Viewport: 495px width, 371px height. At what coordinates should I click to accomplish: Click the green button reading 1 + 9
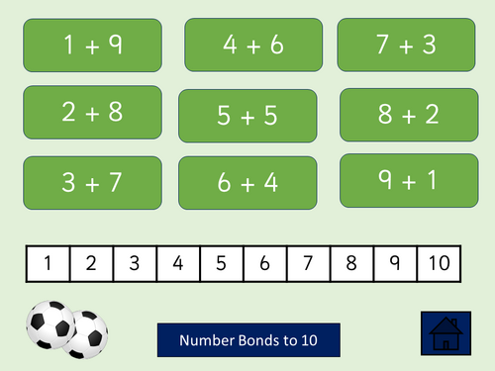[93, 46]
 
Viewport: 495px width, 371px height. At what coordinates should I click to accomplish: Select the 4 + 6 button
[253, 45]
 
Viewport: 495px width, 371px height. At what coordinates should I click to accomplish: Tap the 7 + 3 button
[400, 45]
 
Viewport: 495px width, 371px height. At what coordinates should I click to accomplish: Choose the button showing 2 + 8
[92, 112]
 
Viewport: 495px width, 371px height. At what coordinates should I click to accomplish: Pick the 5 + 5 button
[247, 116]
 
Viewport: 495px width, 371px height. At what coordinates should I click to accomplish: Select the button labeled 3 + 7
[92, 183]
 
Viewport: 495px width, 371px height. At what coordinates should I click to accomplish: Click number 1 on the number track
[48, 263]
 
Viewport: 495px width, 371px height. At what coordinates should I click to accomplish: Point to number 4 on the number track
[177, 263]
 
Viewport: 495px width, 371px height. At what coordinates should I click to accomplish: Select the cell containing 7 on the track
[308, 263]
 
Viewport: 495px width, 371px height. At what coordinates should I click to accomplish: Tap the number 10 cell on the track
[439, 263]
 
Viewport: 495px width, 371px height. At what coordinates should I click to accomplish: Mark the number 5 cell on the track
[221, 263]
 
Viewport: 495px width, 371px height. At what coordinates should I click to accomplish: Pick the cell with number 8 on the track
[351, 263]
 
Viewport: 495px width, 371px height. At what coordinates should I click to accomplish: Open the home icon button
[446, 333]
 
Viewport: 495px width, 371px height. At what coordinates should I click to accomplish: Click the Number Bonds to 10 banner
[247, 339]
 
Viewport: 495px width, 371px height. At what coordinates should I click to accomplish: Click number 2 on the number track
[91, 263]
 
